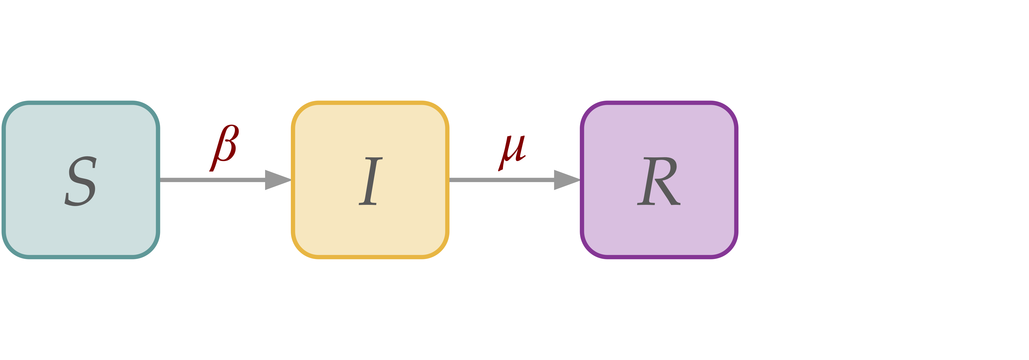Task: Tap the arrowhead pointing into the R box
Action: tap(566, 180)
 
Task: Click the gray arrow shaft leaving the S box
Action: tap(212, 180)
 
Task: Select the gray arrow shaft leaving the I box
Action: tap(501, 180)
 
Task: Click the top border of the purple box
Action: tap(659, 103)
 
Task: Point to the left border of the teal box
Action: tap(4, 180)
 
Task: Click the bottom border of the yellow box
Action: tap(370, 257)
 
